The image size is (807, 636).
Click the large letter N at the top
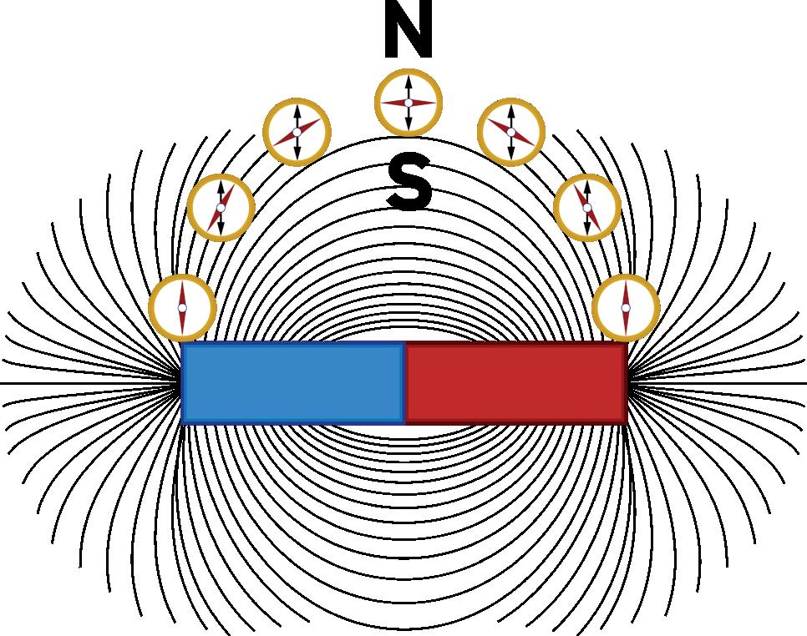coord(408,32)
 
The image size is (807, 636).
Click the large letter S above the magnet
coord(409,184)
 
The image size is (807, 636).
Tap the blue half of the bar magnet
coord(292,383)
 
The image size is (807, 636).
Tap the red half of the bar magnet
coord(516,383)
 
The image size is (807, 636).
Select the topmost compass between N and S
coord(408,103)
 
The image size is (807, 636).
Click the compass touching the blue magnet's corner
coord(182,308)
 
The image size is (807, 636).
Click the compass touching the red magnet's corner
coord(626,308)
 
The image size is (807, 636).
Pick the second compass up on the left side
coord(221,208)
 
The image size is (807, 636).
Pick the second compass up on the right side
coord(587,207)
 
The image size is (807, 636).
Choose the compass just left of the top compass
coord(297,132)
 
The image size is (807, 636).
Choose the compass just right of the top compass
coord(511,132)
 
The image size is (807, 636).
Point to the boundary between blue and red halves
coord(405,383)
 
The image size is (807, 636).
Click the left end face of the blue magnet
coord(182,383)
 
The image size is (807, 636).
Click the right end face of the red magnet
coord(626,383)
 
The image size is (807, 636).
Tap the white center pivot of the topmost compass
coord(408,103)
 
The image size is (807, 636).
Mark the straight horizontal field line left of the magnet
coord(84,383)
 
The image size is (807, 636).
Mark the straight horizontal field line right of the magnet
coord(718,383)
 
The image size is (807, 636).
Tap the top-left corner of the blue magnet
coord(183,344)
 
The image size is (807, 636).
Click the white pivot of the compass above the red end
coord(626,308)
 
